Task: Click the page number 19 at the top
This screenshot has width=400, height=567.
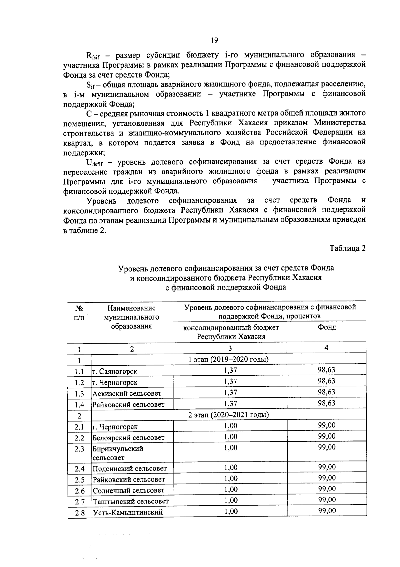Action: [214, 40]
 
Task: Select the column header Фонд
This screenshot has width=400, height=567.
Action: [327, 327]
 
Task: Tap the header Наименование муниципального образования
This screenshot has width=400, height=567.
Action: [132, 317]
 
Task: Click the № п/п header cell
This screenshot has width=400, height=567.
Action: [79, 313]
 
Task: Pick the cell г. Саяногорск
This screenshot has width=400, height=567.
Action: [115, 371]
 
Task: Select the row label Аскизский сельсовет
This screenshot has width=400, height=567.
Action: [127, 393]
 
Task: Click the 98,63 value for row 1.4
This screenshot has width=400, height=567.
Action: [326, 403]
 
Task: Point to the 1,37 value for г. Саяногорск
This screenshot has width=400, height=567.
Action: [230, 370]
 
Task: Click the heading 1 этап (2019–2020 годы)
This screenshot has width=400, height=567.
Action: [229, 359]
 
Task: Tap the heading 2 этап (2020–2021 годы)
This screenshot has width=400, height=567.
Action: [229, 415]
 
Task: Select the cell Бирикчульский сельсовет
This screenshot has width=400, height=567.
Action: [118, 453]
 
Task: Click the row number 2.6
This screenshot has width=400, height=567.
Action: [80, 491]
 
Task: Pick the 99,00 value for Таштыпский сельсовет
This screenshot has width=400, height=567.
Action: [327, 500]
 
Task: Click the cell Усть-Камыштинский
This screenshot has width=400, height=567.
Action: [128, 512]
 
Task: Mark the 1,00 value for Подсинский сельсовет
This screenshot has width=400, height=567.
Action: [230, 467]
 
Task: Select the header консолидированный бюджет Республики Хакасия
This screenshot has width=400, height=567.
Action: [231, 332]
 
